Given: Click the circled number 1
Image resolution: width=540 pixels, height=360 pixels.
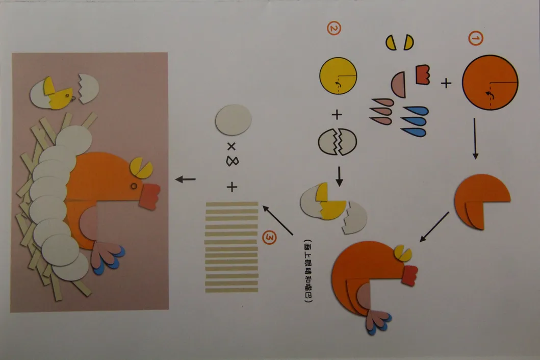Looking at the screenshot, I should click(474, 39).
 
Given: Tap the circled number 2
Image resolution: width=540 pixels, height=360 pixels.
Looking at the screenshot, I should click(333, 30).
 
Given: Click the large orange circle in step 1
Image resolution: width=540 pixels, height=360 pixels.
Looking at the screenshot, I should click(490, 82).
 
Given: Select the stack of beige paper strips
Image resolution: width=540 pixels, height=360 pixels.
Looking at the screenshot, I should click(232, 247).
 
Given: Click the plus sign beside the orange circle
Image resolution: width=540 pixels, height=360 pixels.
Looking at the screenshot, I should click(446, 83).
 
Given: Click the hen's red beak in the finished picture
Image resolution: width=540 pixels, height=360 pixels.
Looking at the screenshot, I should click(149, 196).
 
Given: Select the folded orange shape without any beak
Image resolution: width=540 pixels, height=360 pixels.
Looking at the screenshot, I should click(481, 200).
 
